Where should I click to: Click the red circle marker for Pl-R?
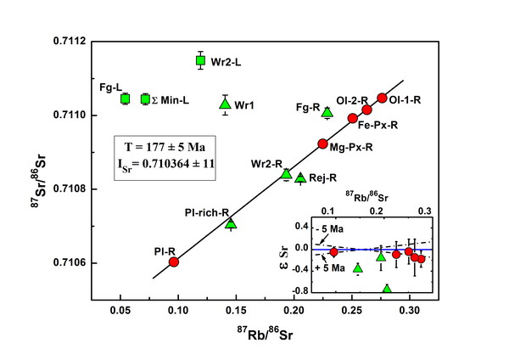pyautogui.click(x=174, y=262)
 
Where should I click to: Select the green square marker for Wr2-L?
pyautogui.click(x=200, y=60)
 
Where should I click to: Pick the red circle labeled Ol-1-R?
pyautogui.click(x=382, y=98)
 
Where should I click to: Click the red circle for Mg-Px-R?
pyautogui.click(x=322, y=143)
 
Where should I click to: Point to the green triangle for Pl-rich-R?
pyautogui.click(x=231, y=223)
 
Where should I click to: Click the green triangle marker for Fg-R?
pyautogui.click(x=327, y=112)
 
